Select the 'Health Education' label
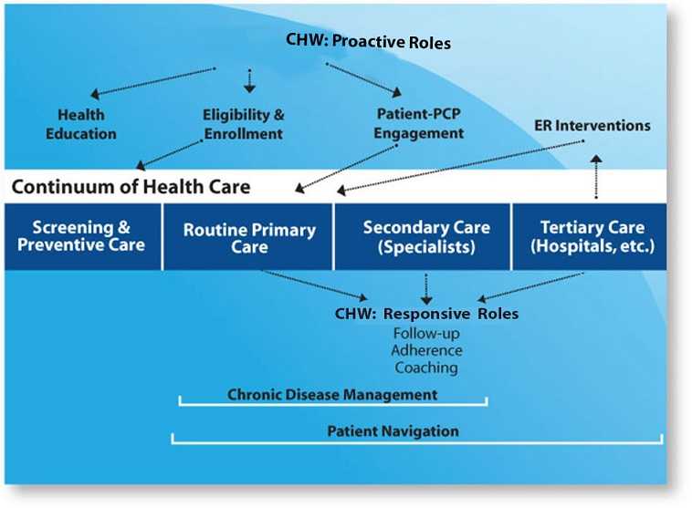pyautogui.click(x=87, y=124)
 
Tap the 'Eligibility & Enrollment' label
pyautogui.click(x=243, y=124)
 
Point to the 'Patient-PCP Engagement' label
pyautogui.click(x=420, y=124)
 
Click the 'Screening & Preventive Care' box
pyautogui.click(x=83, y=236)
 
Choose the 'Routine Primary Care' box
pyautogui.click(x=249, y=237)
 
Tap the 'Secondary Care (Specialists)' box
pyautogui.click(x=426, y=236)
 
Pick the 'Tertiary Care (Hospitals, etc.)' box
pyautogui.click(x=593, y=236)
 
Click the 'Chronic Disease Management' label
pyautogui.click(x=332, y=395)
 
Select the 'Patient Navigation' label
pyautogui.click(x=393, y=430)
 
